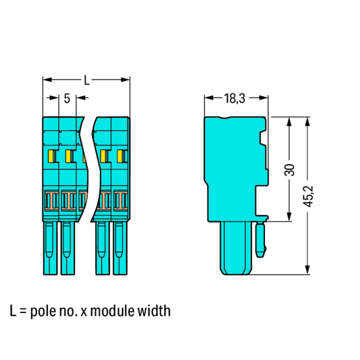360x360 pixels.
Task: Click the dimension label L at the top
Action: (86, 80)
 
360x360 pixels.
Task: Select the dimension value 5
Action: (67, 98)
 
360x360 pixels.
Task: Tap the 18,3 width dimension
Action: (234, 98)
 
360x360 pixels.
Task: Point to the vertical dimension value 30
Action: (289, 170)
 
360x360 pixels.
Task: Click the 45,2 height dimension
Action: (308, 196)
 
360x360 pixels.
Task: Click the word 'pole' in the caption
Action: (43, 311)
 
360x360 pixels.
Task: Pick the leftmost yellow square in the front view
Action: (50, 156)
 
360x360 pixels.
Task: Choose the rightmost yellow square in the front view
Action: (120, 156)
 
